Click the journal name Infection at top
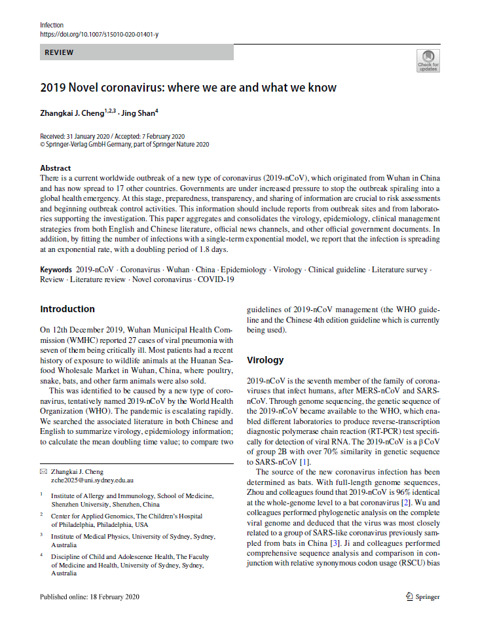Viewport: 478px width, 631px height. (x=52, y=25)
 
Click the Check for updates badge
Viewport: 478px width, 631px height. (x=428, y=60)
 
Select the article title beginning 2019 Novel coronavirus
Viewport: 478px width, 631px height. (x=188, y=88)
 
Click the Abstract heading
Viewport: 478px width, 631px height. (x=56, y=168)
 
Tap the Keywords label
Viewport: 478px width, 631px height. (x=56, y=270)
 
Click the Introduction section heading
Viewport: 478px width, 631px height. (x=67, y=309)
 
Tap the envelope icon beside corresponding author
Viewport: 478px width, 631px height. (x=43, y=471)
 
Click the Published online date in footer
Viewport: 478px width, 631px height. (x=89, y=596)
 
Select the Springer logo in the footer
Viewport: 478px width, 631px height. (x=422, y=596)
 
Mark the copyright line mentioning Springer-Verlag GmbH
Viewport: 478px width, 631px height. (x=124, y=144)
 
